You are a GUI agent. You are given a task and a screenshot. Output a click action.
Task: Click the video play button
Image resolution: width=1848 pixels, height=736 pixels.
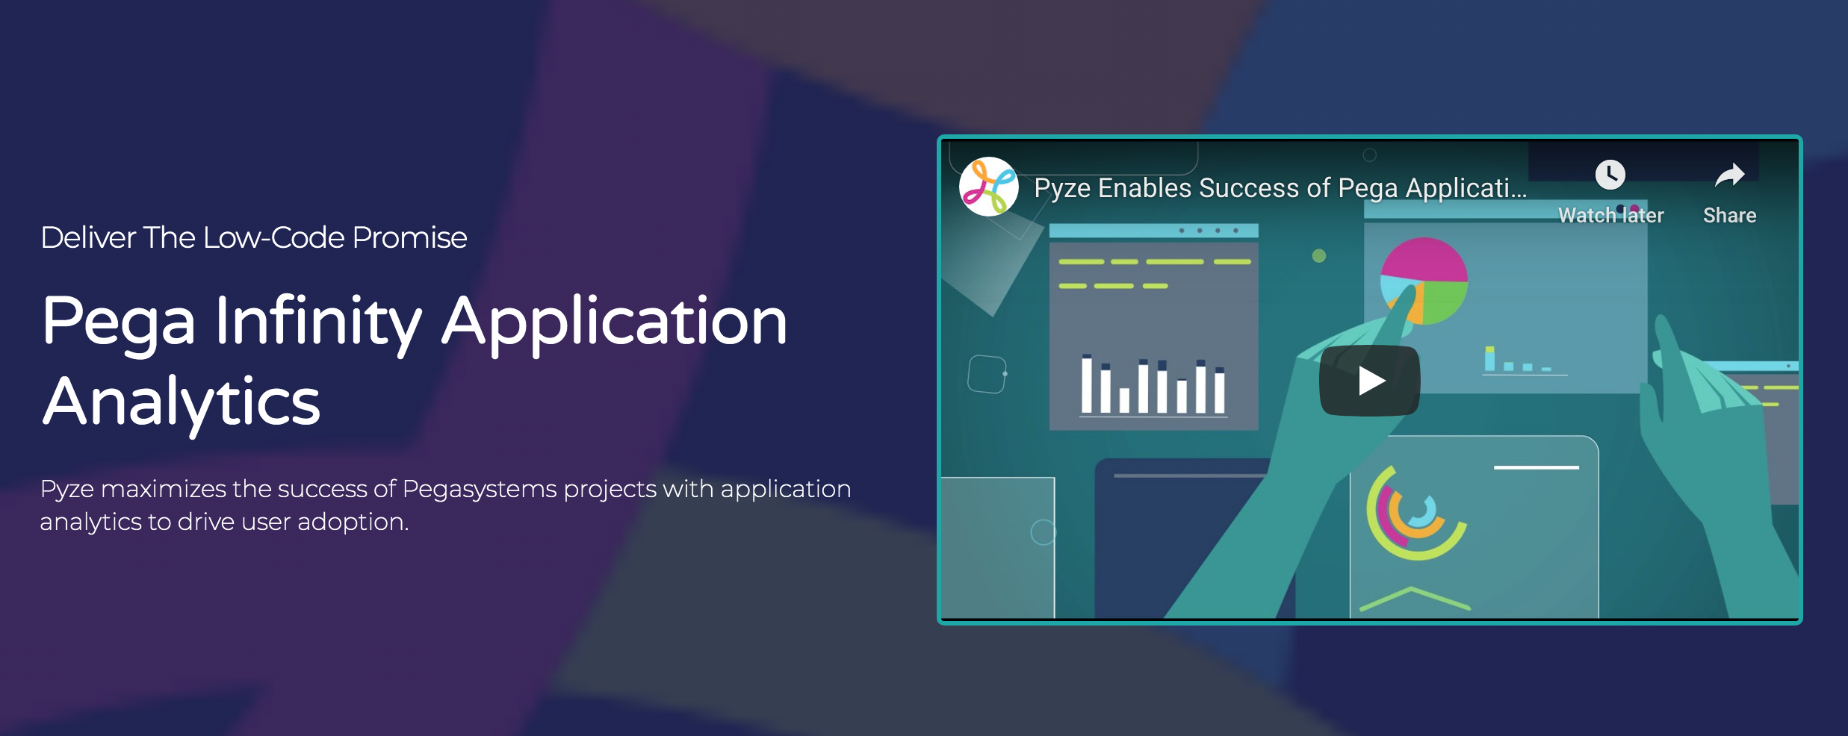[x=1369, y=381]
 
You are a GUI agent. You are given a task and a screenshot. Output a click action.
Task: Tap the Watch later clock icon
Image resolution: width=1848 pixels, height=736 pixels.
[x=1610, y=175]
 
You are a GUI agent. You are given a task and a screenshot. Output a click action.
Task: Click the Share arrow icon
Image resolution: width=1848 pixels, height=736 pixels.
[x=1729, y=175]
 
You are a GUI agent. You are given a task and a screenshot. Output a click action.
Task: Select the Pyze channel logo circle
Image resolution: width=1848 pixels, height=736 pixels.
[x=989, y=187]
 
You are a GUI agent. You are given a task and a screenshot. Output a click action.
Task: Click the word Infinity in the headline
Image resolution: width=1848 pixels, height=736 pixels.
[x=318, y=322]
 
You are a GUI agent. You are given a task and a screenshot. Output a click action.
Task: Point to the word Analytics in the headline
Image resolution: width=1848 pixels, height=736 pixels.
[x=182, y=402]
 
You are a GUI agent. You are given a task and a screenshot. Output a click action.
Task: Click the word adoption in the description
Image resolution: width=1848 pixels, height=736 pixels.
[x=353, y=522]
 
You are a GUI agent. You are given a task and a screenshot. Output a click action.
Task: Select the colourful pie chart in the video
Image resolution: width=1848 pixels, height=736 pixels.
[x=1424, y=280]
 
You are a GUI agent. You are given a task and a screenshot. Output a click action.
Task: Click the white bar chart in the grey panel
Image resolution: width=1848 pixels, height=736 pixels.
[x=1153, y=385]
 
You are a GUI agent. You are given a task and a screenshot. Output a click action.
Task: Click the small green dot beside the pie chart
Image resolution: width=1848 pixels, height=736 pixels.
[x=1319, y=256]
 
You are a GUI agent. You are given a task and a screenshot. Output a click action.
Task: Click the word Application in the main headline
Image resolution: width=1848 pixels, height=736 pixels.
[x=614, y=322]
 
